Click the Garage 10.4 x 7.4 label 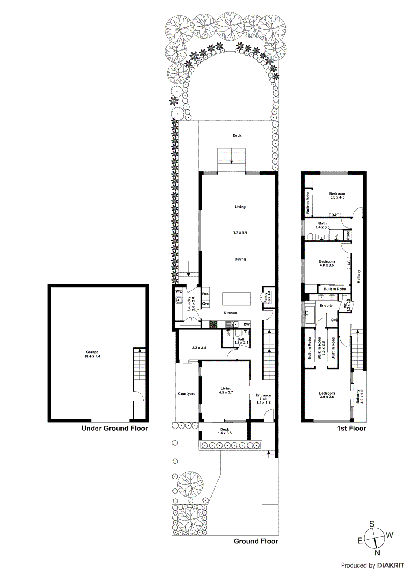tap(92, 354)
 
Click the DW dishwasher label tap(246, 324)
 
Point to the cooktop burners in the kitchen tap(213, 324)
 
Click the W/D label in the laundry tap(179, 291)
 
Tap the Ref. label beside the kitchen tap(206, 294)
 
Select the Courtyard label tap(187, 393)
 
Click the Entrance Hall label tap(263, 399)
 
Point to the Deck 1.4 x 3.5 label tap(224, 431)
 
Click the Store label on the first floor tap(348, 235)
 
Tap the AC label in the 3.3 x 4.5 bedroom tap(335, 215)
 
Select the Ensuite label tap(326, 305)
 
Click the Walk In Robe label tap(321, 348)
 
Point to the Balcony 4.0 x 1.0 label tap(360, 396)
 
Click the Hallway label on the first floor tap(359, 276)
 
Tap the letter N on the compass tap(377, 552)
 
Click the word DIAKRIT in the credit tap(390, 565)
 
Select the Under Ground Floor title tap(115, 428)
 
